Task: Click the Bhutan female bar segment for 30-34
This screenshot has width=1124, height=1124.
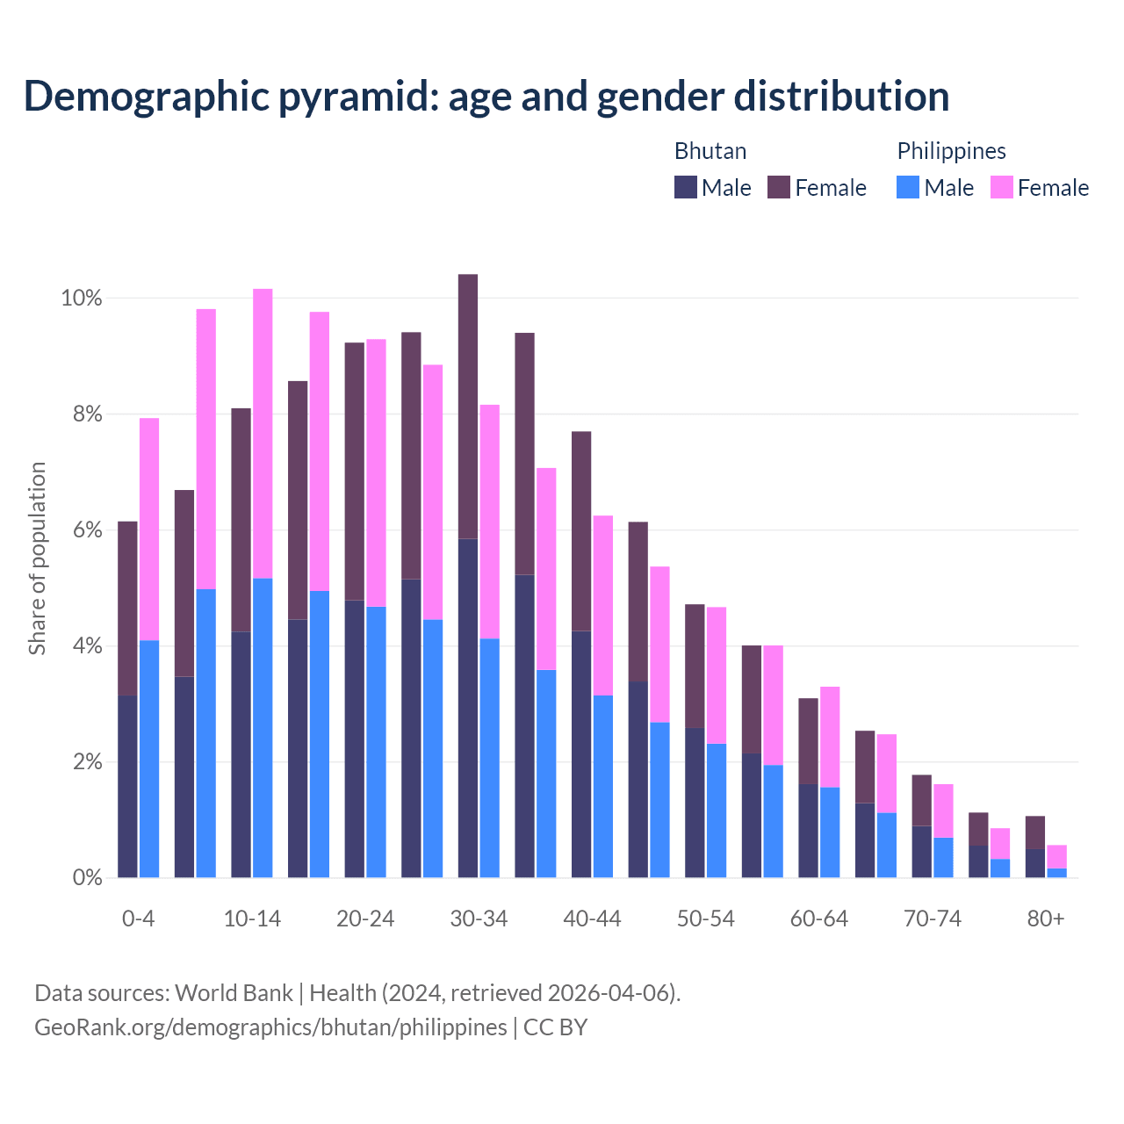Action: (x=468, y=406)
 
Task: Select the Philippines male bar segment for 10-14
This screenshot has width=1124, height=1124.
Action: (x=263, y=727)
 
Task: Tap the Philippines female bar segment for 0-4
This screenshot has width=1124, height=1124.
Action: (x=149, y=529)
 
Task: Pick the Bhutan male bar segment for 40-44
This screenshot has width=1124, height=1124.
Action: (x=581, y=753)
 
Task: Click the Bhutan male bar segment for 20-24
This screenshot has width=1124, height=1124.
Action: (x=354, y=739)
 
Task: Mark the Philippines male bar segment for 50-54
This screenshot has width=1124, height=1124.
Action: (x=717, y=810)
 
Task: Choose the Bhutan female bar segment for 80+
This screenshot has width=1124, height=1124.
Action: (x=1035, y=832)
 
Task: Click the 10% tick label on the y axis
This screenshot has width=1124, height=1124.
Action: (x=82, y=299)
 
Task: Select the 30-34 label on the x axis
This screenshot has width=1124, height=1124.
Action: (x=479, y=919)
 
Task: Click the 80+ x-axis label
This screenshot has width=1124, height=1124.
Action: (x=1046, y=919)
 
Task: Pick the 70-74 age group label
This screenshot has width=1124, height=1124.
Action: (x=933, y=919)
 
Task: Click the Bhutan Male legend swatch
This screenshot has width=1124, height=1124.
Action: (x=686, y=187)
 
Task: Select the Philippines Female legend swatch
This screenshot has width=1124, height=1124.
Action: (x=1002, y=187)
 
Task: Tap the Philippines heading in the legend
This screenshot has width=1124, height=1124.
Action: (x=951, y=151)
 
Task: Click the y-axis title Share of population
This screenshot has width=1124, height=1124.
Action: (x=38, y=558)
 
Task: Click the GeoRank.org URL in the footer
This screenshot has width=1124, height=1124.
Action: (x=270, y=1027)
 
